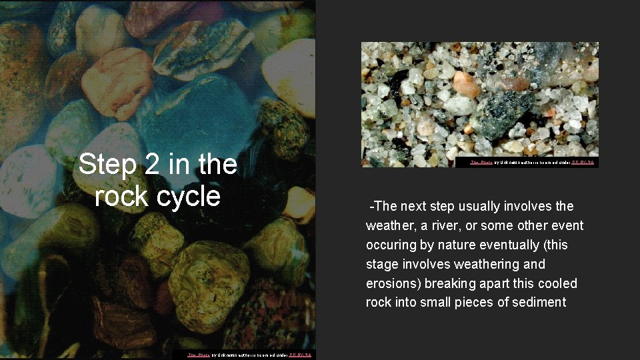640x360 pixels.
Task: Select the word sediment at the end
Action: click(x=537, y=303)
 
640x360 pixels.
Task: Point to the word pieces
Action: click(x=482, y=303)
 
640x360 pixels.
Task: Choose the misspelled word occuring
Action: click(x=392, y=245)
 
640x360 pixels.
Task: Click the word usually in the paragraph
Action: click(x=474, y=206)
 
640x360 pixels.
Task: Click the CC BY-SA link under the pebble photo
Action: click(x=301, y=355)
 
